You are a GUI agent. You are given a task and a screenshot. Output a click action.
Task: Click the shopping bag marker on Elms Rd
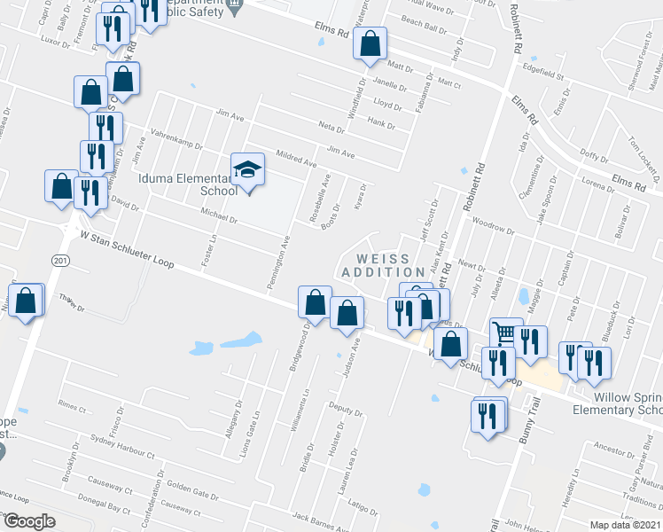370,42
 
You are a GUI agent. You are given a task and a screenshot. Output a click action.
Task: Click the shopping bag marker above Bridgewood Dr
315,302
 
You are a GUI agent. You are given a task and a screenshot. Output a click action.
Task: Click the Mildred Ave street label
297,158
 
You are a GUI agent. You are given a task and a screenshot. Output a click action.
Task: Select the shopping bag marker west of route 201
26,301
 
